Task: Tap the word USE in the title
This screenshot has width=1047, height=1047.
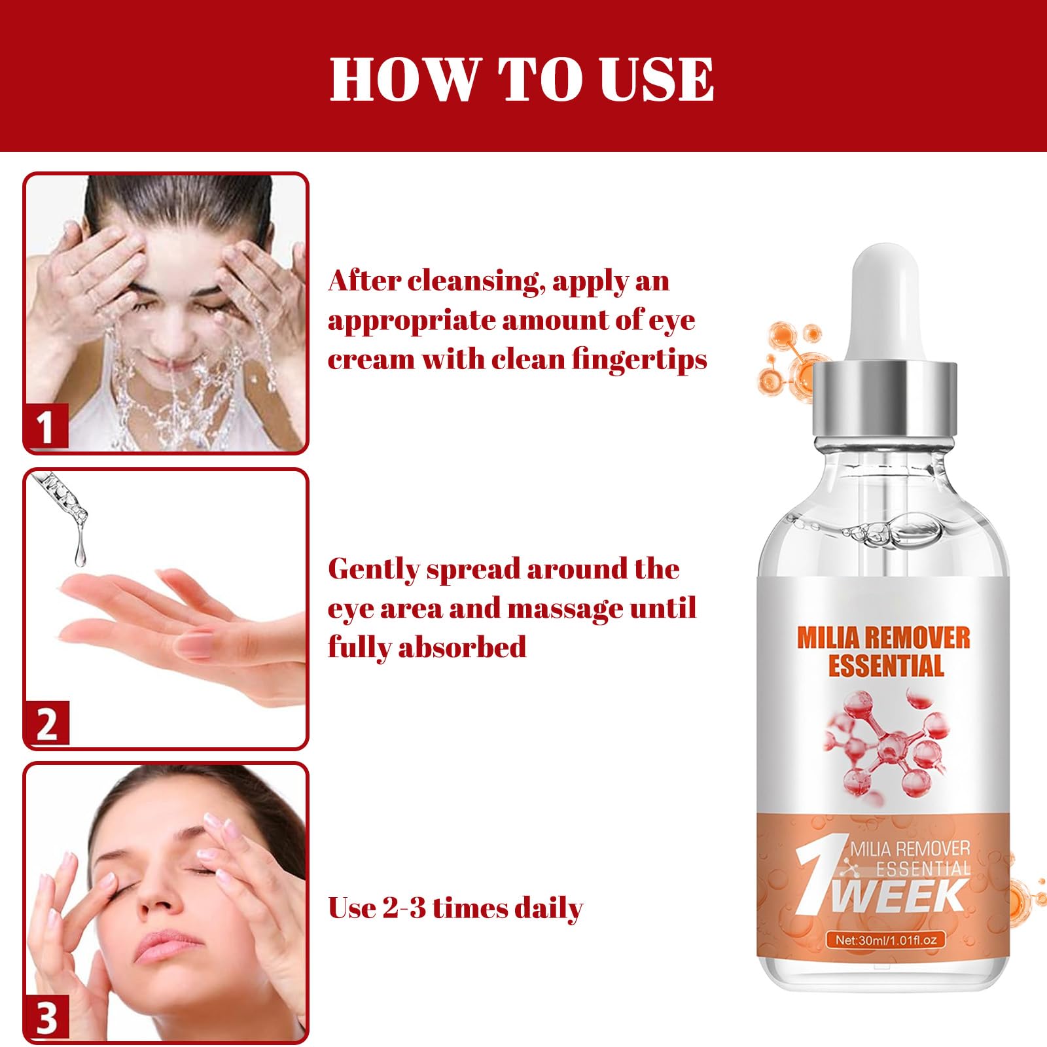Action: click(x=656, y=79)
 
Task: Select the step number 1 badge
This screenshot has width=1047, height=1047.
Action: click(x=46, y=425)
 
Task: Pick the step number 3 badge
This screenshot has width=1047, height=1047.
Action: click(x=46, y=1018)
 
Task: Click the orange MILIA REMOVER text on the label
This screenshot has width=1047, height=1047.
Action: click(x=884, y=637)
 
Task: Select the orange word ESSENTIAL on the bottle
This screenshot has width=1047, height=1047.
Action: click(x=886, y=665)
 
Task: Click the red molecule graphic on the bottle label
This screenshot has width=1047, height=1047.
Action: click(x=883, y=746)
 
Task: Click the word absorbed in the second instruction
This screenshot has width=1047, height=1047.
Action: click(x=462, y=647)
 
